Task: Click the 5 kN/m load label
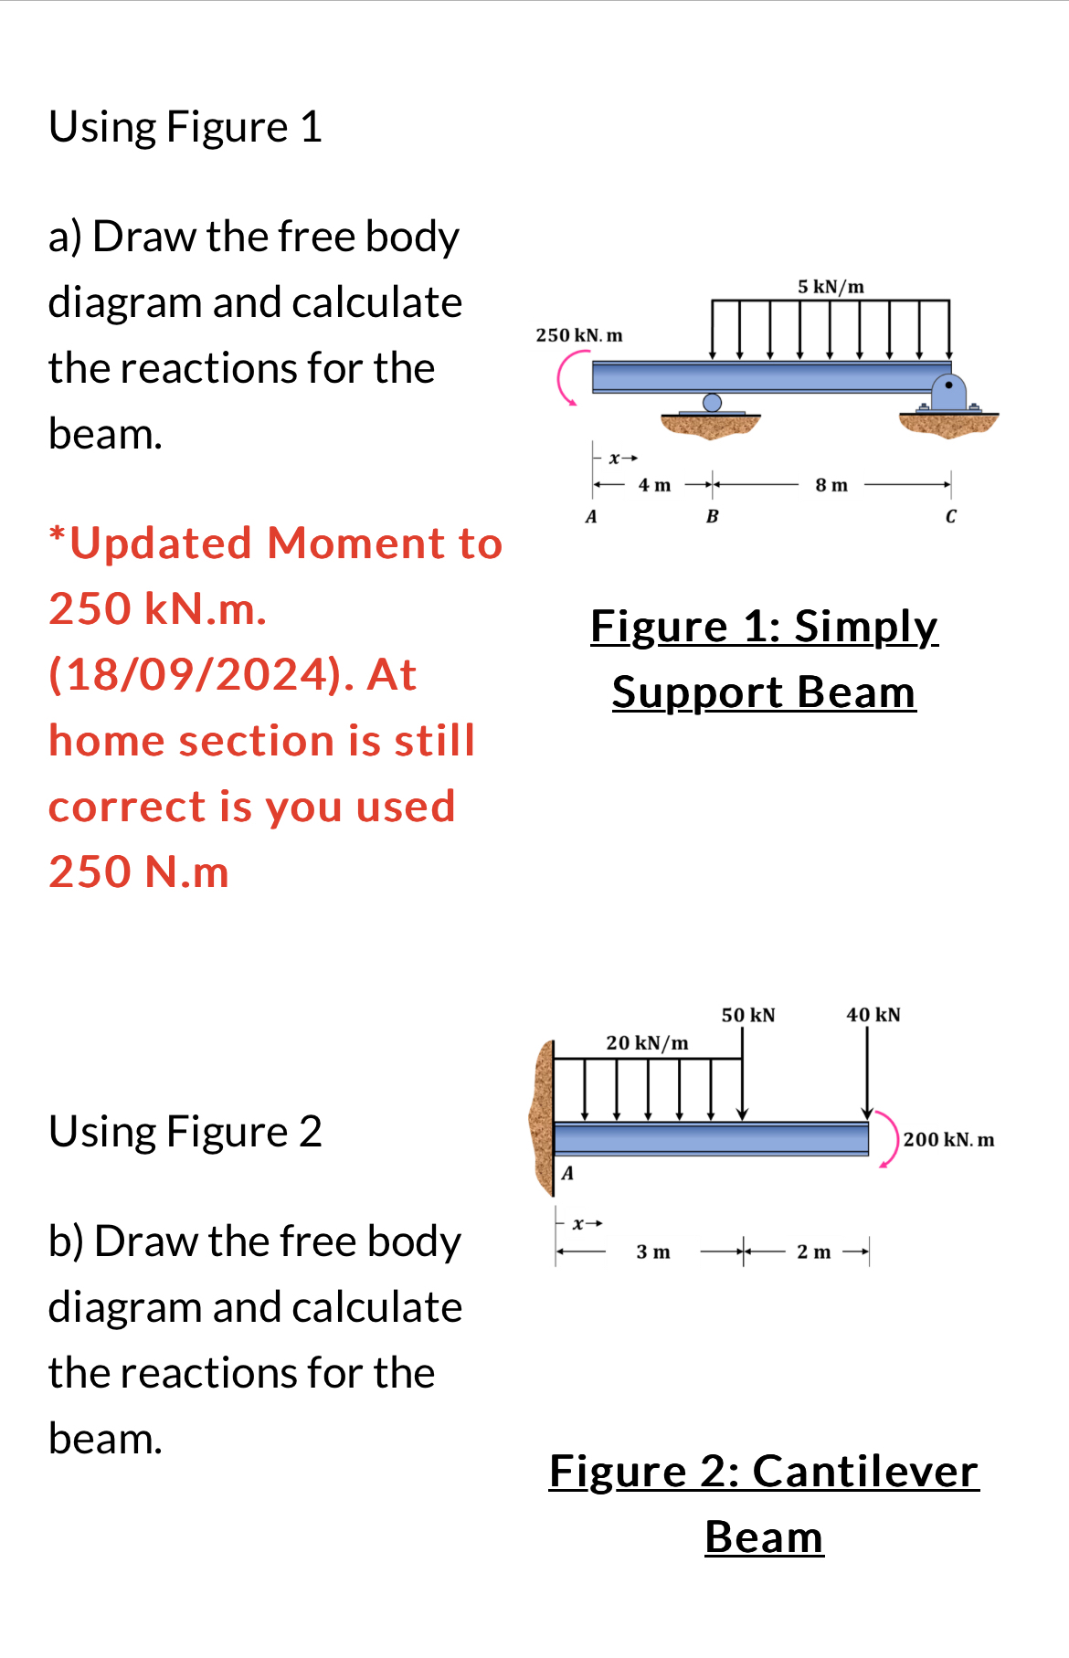tap(831, 287)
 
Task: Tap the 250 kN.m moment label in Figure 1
tap(579, 335)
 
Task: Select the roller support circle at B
tap(712, 403)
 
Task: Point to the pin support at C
tap(949, 393)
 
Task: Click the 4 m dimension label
tap(654, 485)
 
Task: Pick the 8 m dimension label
tap(831, 485)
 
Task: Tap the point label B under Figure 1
tap(713, 517)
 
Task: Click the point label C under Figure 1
tap(950, 517)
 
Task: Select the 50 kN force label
tap(748, 1015)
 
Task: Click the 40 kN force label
tap(873, 1015)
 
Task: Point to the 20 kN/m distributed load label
tap(647, 1043)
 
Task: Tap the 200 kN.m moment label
tap(948, 1140)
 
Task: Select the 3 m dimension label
tap(653, 1251)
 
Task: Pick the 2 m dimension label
tap(813, 1251)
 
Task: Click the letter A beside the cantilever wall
tap(567, 1173)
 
